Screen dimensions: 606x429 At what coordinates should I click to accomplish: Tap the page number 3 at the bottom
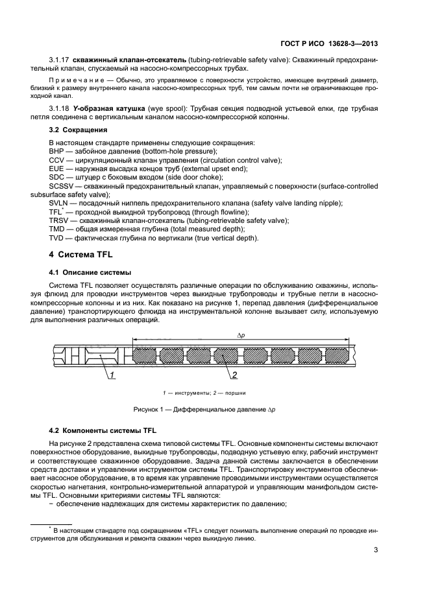click(x=376, y=552)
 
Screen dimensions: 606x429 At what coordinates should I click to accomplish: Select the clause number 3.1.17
click(x=59, y=60)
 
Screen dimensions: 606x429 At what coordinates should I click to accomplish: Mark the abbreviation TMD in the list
click(x=57, y=229)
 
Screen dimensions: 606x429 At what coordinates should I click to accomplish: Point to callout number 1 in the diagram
click(x=112, y=375)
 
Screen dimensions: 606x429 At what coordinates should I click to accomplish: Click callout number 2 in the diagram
click(x=234, y=375)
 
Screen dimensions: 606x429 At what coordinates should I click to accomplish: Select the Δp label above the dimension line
click(x=240, y=335)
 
